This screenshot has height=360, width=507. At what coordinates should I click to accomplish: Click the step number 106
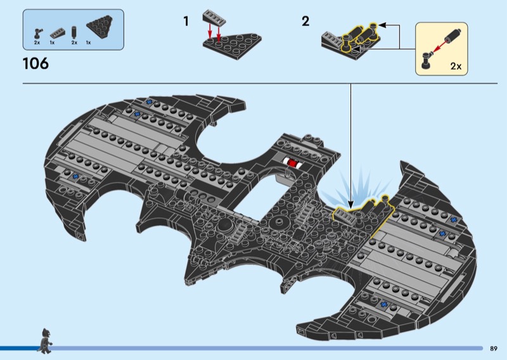(x=35, y=63)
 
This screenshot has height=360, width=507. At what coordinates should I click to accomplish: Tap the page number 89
(x=494, y=349)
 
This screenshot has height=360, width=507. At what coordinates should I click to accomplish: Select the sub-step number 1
(x=186, y=22)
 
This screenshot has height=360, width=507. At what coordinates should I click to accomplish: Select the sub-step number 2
(x=305, y=22)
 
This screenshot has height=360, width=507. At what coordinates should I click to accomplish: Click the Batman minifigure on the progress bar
(x=45, y=340)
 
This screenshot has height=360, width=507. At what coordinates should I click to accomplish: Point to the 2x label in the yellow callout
(x=456, y=66)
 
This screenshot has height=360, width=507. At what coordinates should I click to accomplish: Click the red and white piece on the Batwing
(x=292, y=162)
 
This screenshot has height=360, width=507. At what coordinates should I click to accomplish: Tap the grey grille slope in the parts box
(x=57, y=33)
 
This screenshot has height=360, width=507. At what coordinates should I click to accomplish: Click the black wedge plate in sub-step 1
(x=232, y=46)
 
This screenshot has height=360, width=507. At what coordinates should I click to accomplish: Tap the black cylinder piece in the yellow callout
(x=452, y=35)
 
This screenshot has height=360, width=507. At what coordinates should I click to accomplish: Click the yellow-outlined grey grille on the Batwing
(x=345, y=215)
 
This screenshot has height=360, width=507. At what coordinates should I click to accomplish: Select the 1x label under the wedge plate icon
(x=88, y=42)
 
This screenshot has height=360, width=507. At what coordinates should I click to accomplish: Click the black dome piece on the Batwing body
(x=226, y=226)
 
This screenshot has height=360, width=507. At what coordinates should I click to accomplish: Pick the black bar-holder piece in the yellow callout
(x=427, y=59)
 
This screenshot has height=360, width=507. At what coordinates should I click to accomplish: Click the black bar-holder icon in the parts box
(x=38, y=34)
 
